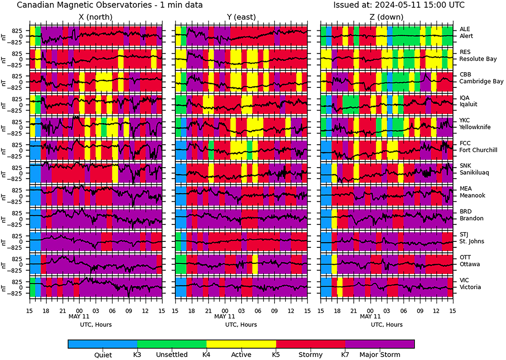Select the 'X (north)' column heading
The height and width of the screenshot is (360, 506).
pos(96,17)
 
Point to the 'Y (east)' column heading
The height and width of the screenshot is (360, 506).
pos(241,17)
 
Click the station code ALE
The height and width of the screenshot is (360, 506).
pos(464,29)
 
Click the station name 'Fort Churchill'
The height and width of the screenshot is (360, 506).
pos(478,150)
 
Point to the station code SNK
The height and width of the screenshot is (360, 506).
pos(465,166)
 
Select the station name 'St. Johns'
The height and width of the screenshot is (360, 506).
pos(472,241)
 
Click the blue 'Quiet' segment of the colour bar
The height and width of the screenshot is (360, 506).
pos(102,344)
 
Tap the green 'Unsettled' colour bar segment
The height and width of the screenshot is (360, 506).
pos(172,344)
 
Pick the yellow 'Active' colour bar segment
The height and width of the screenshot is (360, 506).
pos(241,344)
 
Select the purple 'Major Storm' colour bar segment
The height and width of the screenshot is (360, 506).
pos(379,344)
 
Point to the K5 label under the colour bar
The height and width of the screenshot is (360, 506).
pos(276,355)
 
